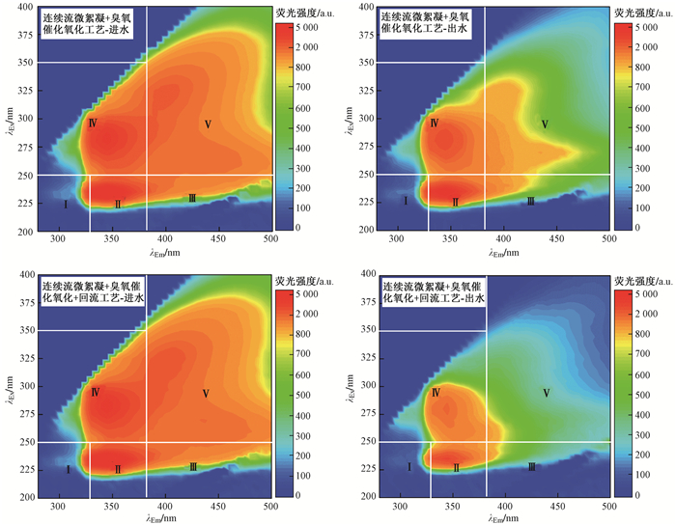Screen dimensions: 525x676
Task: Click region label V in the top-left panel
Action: [207, 125]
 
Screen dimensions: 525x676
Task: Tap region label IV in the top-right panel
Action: [435, 124]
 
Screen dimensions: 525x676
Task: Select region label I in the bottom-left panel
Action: [68, 470]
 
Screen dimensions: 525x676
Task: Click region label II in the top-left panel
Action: [118, 205]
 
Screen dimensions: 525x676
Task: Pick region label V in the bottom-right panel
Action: [547, 393]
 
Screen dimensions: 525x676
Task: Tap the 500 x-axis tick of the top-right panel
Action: [608, 238]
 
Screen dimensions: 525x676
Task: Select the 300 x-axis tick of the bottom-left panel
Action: [60, 506]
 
